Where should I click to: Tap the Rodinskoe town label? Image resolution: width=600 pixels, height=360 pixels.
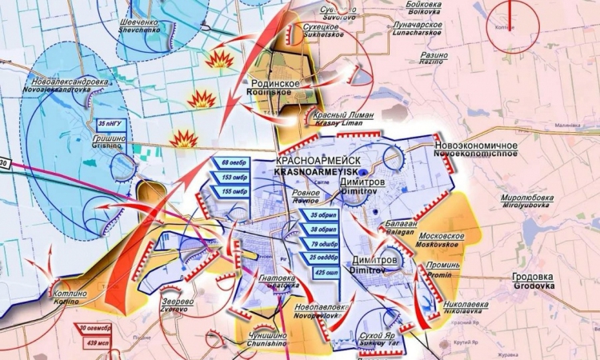pyautogui.click(x=275, y=87)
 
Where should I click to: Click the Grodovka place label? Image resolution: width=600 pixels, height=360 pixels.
pyautogui.click(x=534, y=281)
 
